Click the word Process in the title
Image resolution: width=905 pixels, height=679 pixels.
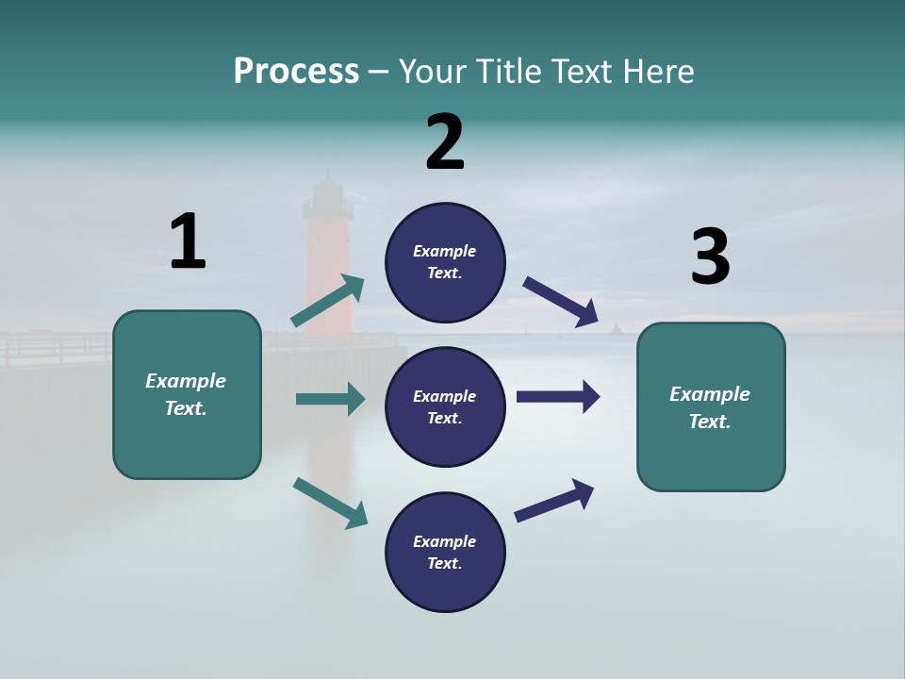click(x=296, y=72)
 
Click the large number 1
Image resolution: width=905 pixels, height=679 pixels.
click(x=189, y=240)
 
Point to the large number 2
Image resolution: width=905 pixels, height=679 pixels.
click(x=445, y=141)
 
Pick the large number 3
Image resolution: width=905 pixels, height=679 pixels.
click(x=711, y=256)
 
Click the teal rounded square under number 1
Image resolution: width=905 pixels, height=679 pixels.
click(x=187, y=395)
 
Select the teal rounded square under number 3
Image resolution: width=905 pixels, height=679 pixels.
click(x=711, y=407)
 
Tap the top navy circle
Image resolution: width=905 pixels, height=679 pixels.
click(x=445, y=263)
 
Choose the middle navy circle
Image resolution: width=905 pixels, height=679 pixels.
click(x=445, y=407)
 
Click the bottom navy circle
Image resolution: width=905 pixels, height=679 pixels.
click(x=445, y=552)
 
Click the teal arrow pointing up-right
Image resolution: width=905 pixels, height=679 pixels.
click(x=328, y=300)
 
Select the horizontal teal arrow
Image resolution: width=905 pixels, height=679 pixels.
click(x=331, y=399)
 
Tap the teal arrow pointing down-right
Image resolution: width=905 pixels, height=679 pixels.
click(x=331, y=503)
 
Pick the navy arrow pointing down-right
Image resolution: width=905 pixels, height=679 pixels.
click(x=560, y=302)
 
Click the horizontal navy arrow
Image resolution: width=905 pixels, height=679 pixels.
click(x=558, y=397)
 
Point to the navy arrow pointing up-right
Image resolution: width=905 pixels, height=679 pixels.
click(x=554, y=501)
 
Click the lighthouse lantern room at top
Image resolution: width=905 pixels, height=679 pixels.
click(x=328, y=202)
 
